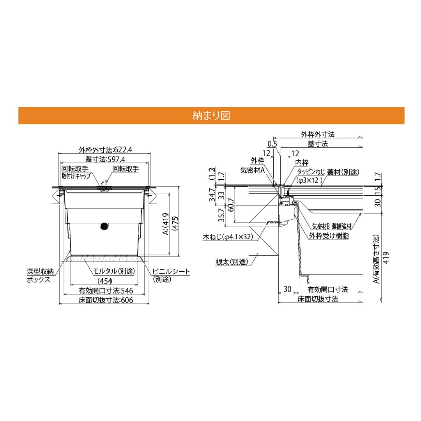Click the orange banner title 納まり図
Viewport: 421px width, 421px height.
211,116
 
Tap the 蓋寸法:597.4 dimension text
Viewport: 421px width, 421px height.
104,159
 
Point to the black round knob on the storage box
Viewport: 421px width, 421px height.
104,226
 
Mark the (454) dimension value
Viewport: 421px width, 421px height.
104,281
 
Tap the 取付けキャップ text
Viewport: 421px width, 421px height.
76,176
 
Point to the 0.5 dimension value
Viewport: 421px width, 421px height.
272,144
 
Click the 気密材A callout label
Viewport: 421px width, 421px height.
253,170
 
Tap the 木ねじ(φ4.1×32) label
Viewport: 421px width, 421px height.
228,237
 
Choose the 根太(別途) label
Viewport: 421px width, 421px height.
232,262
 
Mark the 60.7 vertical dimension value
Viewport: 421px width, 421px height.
231,203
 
